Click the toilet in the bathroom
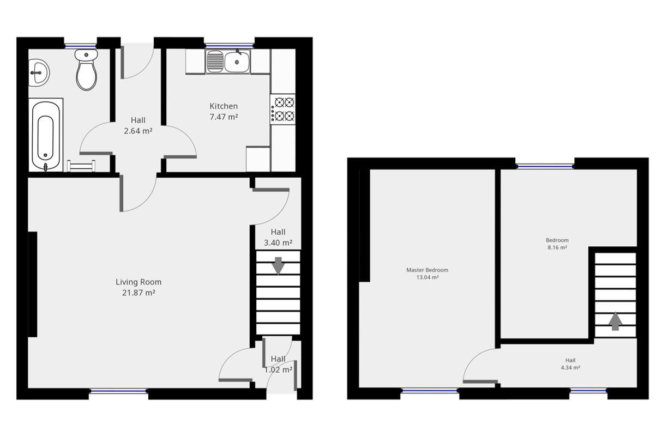(x=86, y=70)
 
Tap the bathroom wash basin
(x=38, y=72)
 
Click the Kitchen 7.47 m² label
(x=224, y=111)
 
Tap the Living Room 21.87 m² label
(x=139, y=287)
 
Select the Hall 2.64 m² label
(x=138, y=125)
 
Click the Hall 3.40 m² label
(x=278, y=238)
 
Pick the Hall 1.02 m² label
(x=278, y=364)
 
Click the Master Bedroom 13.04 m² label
(x=427, y=274)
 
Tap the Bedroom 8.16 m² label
(x=557, y=244)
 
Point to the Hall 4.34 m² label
(x=570, y=364)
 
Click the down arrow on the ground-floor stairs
(x=278, y=265)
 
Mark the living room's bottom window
(x=118, y=391)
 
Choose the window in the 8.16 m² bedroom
(x=545, y=166)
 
